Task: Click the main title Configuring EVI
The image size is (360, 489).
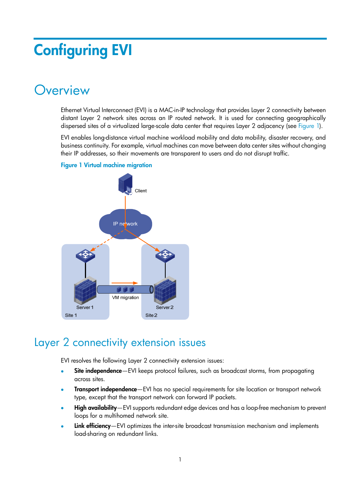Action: pyautogui.click(x=83, y=51)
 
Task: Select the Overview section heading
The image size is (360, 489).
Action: pyautogui.click(x=62, y=91)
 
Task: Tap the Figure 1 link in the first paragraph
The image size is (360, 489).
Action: pyautogui.click(x=308, y=126)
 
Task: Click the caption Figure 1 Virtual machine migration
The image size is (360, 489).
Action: pyautogui.click(x=106, y=165)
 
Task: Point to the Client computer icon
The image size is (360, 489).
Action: pyautogui.click(x=126, y=184)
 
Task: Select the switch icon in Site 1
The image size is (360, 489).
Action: pyautogui.click(x=85, y=255)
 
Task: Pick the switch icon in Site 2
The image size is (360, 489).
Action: pyautogui.click(x=165, y=255)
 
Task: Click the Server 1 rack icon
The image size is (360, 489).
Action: pyautogui.click(x=85, y=291)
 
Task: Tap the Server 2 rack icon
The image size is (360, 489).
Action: pyautogui.click(x=165, y=291)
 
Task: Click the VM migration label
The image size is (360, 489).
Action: pyautogui.click(x=125, y=298)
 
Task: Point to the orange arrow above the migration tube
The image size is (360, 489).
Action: pyautogui.click(x=125, y=283)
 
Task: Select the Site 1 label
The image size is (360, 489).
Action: pyautogui.click(x=71, y=315)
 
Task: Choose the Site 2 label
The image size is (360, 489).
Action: pyautogui.click(x=151, y=315)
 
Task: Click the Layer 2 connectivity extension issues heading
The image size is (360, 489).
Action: pyautogui.click(x=120, y=343)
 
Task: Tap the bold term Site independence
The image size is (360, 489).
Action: pyautogui.click(x=98, y=371)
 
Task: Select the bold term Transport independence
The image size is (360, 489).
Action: pyautogui.click(x=105, y=389)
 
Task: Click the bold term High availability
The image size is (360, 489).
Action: pyautogui.click(x=95, y=408)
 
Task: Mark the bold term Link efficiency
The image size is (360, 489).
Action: pyautogui.click(x=92, y=426)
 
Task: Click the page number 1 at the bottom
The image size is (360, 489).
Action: pyautogui.click(x=180, y=460)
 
